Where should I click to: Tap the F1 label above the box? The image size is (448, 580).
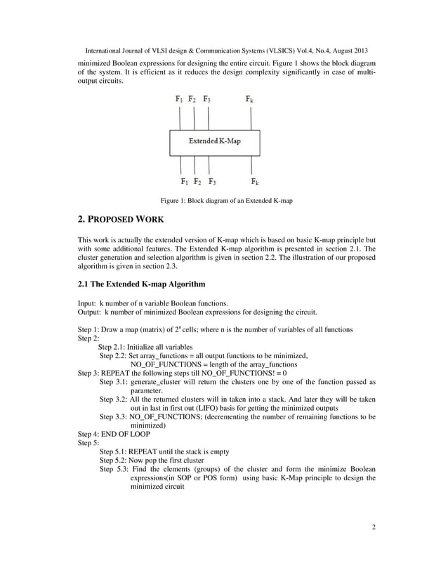(180, 100)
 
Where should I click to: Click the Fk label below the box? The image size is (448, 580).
(253, 182)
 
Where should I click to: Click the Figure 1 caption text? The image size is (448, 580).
(226, 201)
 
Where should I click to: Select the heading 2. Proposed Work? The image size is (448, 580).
(120, 220)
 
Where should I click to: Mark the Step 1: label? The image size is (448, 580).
(90, 330)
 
